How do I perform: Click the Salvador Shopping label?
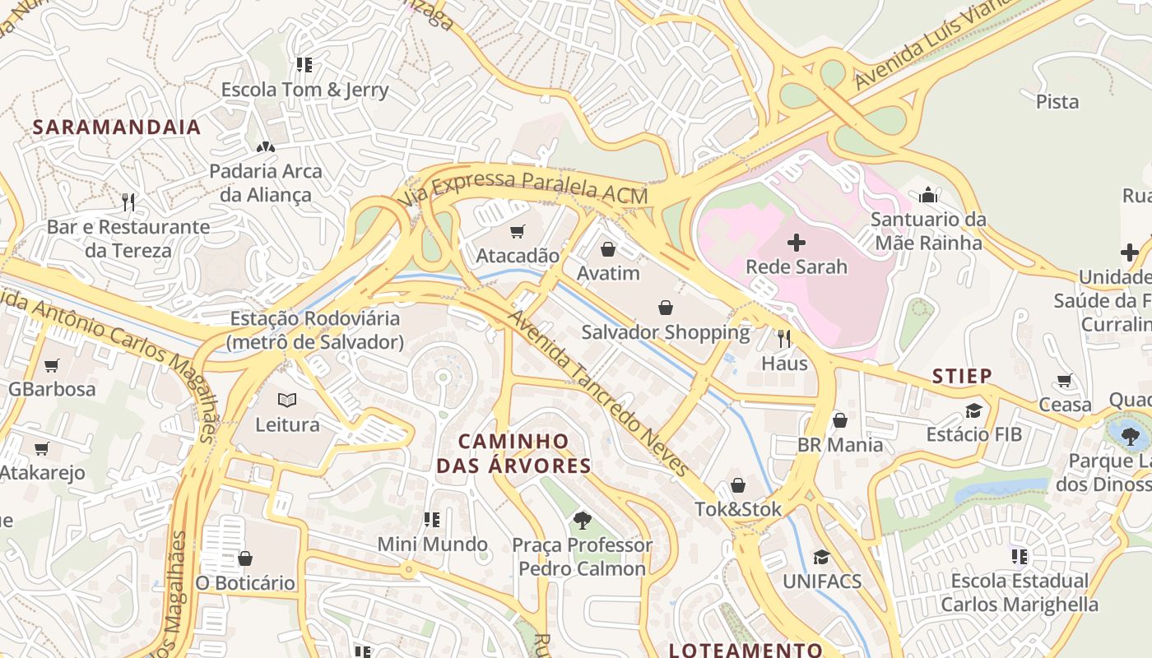click(x=665, y=332)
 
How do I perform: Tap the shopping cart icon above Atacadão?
click(x=517, y=232)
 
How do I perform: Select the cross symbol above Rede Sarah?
click(x=797, y=243)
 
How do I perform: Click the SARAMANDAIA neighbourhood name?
click(x=117, y=127)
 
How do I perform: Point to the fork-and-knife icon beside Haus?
click(x=784, y=338)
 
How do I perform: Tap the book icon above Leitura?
click(x=286, y=401)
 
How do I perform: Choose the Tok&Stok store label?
click(x=738, y=509)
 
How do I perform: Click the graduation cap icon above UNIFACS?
click(x=820, y=557)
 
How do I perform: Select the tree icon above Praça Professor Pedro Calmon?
click(x=583, y=520)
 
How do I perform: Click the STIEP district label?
click(x=962, y=376)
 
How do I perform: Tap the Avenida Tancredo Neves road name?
click(x=597, y=393)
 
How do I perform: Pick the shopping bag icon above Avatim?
click(x=608, y=248)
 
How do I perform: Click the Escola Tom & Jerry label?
click(x=304, y=90)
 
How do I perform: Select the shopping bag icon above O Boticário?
click(x=244, y=558)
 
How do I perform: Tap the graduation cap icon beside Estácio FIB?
click(x=974, y=410)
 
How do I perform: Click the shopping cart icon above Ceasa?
click(x=1065, y=381)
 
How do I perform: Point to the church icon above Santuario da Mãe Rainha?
click(x=928, y=195)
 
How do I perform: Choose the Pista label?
click(x=1057, y=102)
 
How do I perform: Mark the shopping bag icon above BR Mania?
click(x=839, y=421)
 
